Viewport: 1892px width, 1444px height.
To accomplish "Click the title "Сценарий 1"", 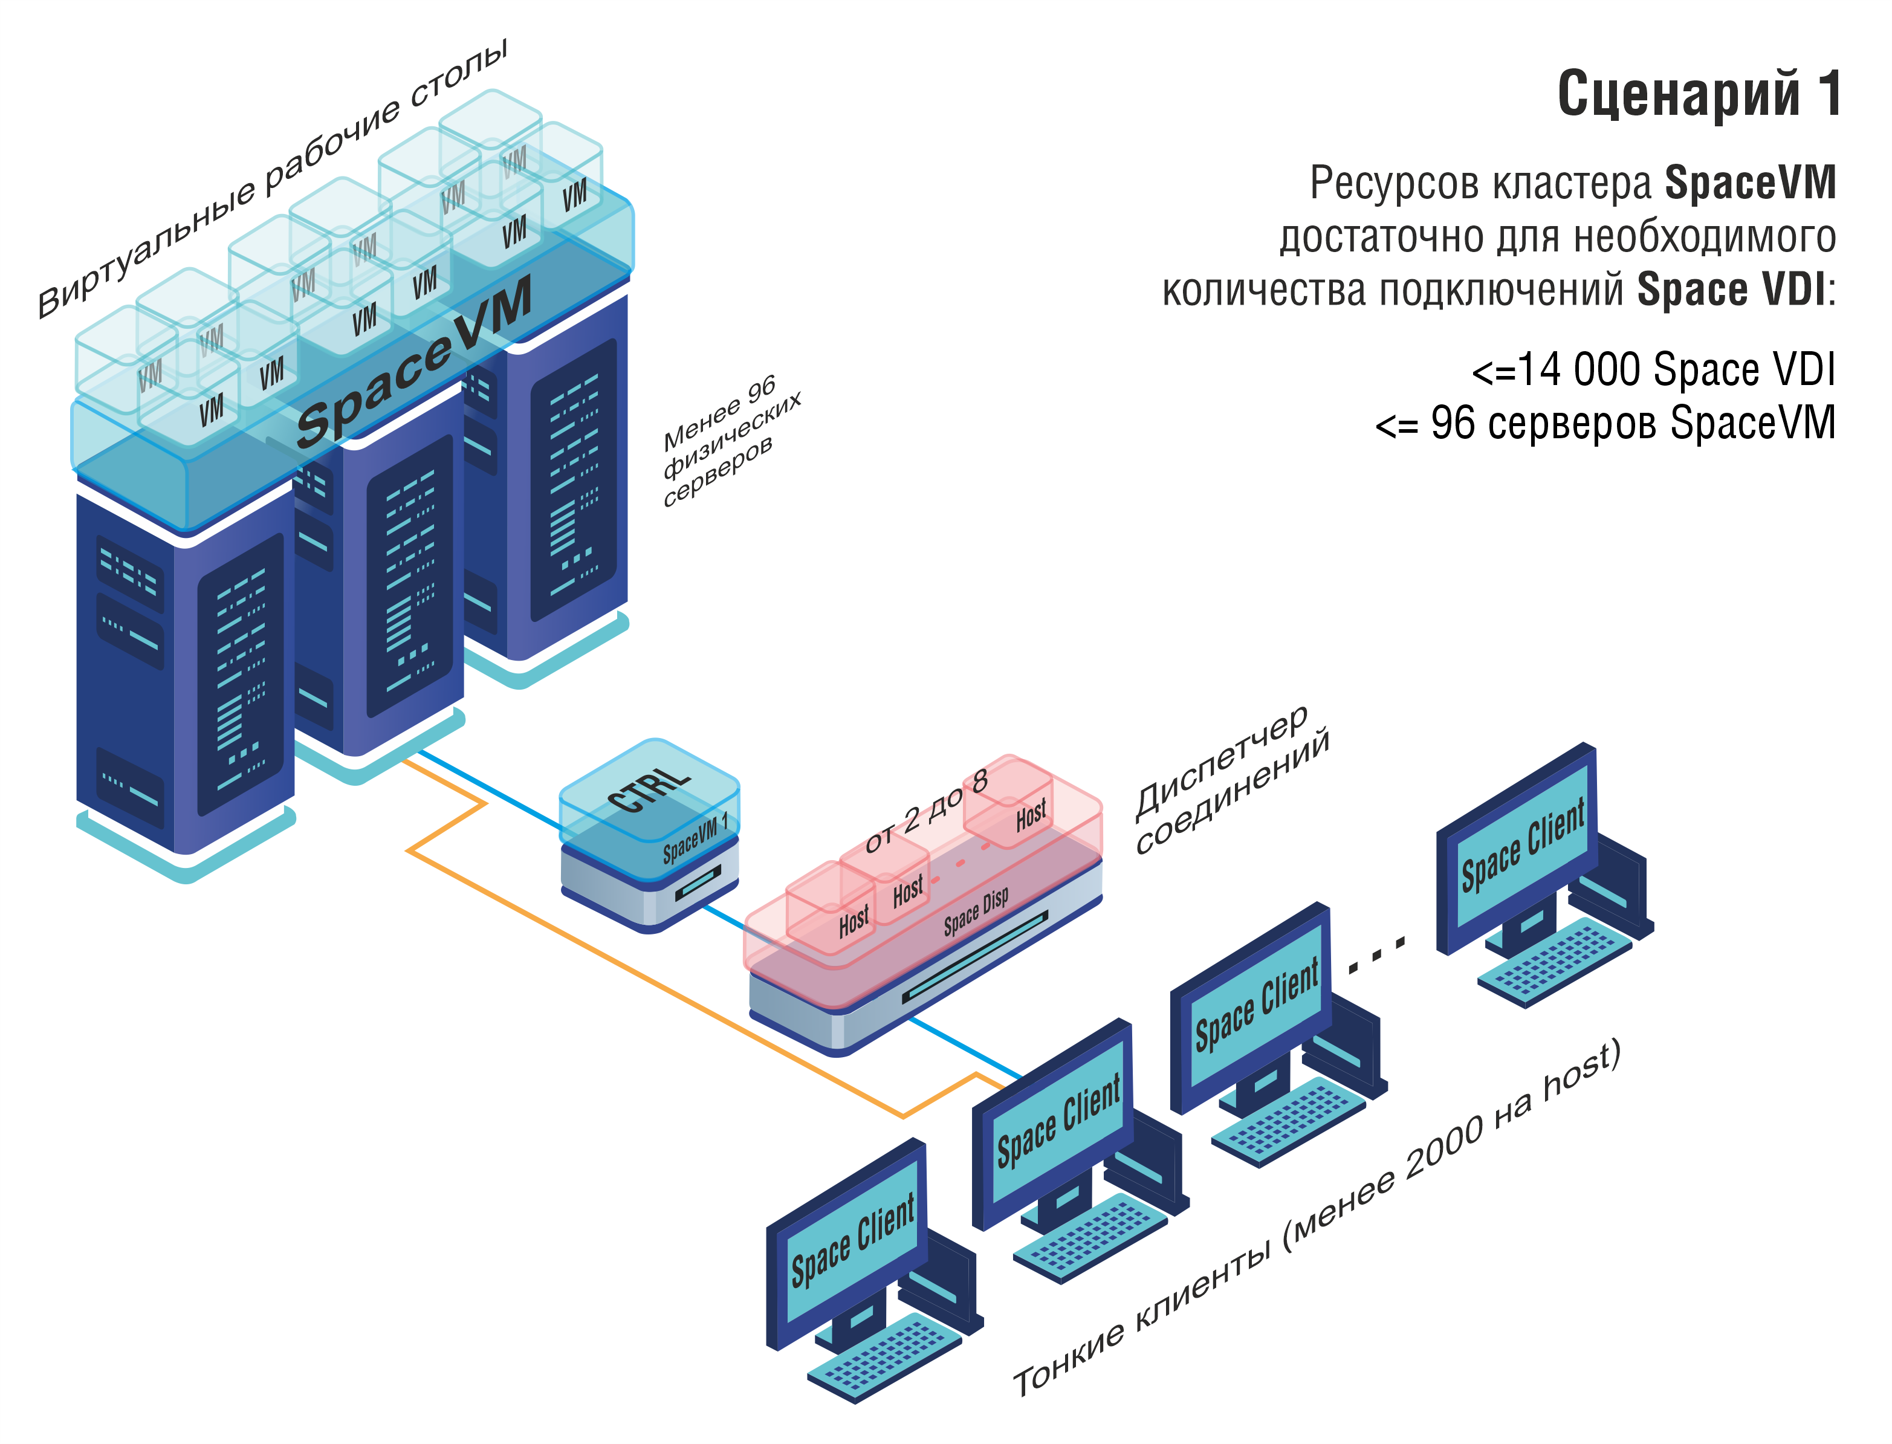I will [x=1699, y=94].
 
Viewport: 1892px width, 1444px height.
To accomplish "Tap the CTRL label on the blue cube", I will [x=649, y=789].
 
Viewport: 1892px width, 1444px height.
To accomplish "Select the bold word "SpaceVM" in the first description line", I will [x=1749, y=183].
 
